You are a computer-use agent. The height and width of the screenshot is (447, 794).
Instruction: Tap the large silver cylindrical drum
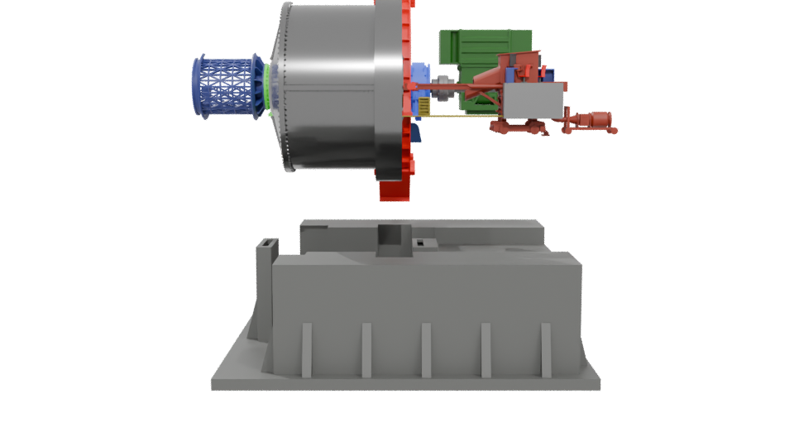point(331,87)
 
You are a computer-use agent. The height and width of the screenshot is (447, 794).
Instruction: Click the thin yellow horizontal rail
point(463,117)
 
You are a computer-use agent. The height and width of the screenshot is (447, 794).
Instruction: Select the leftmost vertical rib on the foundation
point(306,349)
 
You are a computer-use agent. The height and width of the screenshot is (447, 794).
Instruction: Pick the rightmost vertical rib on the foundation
point(546,349)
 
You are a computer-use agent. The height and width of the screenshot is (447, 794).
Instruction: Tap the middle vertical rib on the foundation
point(427,349)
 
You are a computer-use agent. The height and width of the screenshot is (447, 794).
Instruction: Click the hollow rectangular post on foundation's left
point(266,248)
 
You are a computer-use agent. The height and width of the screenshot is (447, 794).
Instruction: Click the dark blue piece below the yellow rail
point(419,129)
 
